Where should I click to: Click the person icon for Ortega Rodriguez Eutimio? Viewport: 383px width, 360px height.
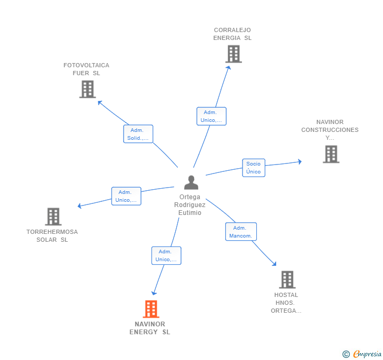pyautogui.click(x=191, y=182)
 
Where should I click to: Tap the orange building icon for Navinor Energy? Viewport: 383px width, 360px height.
pyautogui.click(x=151, y=309)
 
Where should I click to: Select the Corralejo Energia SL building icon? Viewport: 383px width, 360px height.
pyautogui.click(x=233, y=54)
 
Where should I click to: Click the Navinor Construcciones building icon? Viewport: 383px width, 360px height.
pyautogui.click(x=330, y=154)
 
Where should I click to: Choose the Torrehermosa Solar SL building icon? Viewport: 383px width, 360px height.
pyautogui.click(x=53, y=216)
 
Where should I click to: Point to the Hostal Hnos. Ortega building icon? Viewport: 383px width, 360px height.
pyautogui.click(x=287, y=280)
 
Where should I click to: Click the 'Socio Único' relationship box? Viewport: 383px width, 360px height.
pyautogui.click(x=253, y=168)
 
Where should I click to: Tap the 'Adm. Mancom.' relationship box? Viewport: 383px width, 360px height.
pyautogui.click(x=241, y=232)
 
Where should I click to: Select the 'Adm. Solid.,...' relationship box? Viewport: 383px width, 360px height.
pyautogui.click(x=138, y=134)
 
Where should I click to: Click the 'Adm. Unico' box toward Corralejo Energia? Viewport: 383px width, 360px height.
pyautogui.click(x=211, y=116)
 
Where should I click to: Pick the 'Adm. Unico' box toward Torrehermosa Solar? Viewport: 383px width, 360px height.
pyautogui.click(x=126, y=196)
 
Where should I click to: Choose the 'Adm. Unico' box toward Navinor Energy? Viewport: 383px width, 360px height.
pyautogui.click(x=166, y=255)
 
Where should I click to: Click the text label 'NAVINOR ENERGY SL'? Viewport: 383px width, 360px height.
pyautogui.click(x=150, y=328)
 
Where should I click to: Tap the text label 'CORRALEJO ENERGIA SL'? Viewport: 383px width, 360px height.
pyautogui.click(x=233, y=34)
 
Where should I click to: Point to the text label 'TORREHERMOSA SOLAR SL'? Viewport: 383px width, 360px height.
pyautogui.click(x=52, y=235)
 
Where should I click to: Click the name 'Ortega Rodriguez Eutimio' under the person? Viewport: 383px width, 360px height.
pyautogui.click(x=190, y=205)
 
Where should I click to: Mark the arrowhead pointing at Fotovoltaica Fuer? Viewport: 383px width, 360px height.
pyautogui.click(x=99, y=102)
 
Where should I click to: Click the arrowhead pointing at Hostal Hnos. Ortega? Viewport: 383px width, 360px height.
pyautogui.click(x=274, y=264)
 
